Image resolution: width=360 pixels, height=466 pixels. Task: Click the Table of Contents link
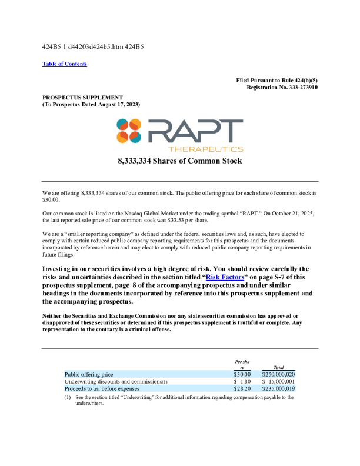65,64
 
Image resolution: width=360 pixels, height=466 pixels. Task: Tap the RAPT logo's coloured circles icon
128,131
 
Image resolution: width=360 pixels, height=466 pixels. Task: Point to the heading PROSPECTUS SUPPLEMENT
82,97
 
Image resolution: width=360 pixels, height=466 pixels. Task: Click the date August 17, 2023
117,104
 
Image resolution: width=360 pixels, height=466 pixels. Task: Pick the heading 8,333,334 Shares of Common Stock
180,161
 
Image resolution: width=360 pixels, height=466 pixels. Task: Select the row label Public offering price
89,374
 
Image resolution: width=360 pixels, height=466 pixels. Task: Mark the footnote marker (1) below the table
68,398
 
